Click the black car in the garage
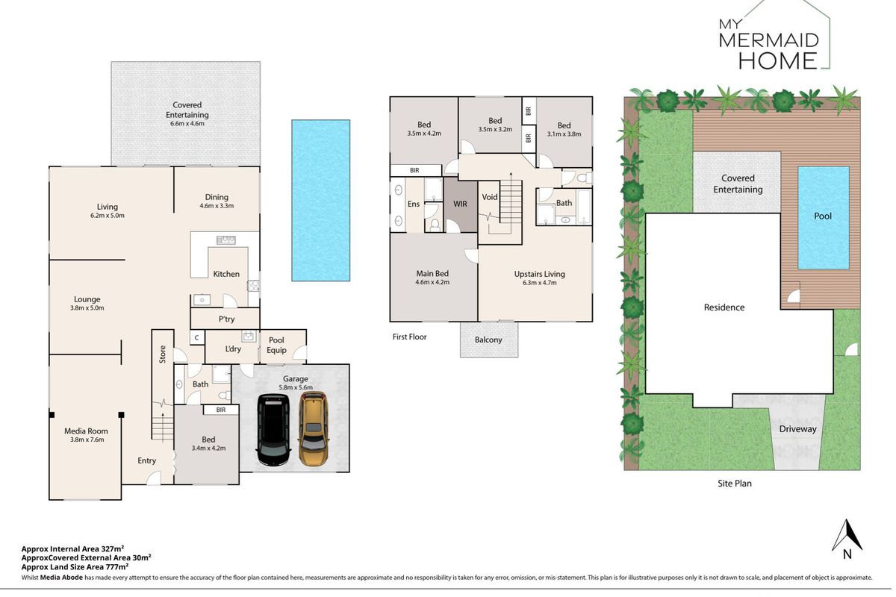point(273,430)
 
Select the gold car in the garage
point(314,428)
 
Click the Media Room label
point(86,431)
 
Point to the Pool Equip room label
point(276,345)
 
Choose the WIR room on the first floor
point(460,204)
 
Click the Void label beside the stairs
point(490,197)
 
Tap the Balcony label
point(488,340)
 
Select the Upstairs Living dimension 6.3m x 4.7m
point(540,283)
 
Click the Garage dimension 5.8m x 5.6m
point(296,387)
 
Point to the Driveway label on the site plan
point(797,429)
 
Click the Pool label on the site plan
point(823,216)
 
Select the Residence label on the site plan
point(724,307)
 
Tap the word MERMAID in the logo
point(769,41)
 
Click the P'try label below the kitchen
point(226,319)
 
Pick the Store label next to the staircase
point(163,354)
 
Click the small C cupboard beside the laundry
point(197,338)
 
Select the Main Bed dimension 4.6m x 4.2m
point(432,282)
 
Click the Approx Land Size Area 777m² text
point(75,566)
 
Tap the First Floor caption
point(410,337)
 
